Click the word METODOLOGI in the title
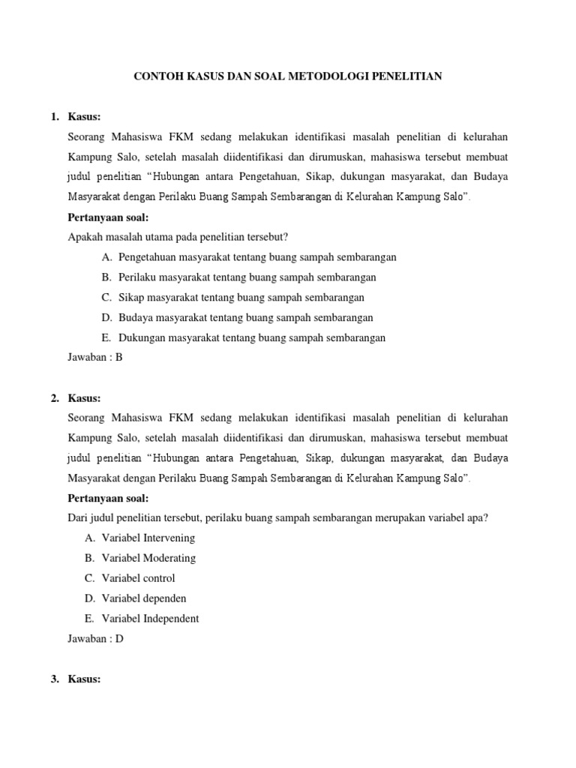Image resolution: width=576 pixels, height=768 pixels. point(339,76)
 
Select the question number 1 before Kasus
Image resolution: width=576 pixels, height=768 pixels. point(54,117)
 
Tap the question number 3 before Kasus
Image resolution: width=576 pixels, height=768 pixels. point(54,679)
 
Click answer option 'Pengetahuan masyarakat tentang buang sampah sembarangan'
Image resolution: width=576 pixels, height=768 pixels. point(257,257)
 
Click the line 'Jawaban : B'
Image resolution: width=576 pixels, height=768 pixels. point(94,358)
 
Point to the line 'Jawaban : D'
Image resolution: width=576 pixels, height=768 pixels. point(95,639)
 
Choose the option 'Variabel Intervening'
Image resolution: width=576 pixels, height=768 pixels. point(149,538)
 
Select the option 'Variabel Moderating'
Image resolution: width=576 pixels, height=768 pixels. point(150,558)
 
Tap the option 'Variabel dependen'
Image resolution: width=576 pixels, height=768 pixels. point(145,598)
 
